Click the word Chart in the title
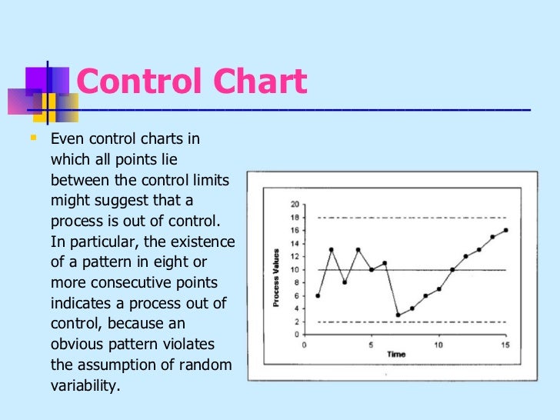pyautogui.click(x=256, y=82)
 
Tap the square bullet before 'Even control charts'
pyautogui.click(x=32, y=139)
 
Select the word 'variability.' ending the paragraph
pyautogui.click(x=85, y=385)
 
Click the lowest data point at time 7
pyautogui.click(x=398, y=315)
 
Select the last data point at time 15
pyautogui.click(x=505, y=230)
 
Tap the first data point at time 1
pyautogui.click(x=318, y=295)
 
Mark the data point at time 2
pyautogui.click(x=331, y=249)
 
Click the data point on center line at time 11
pyautogui.click(x=452, y=270)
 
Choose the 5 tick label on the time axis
pyautogui.click(x=372, y=344)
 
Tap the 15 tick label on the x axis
pyautogui.click(x=505, y=344)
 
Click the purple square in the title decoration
pyautogui.click(x=36, y=79)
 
